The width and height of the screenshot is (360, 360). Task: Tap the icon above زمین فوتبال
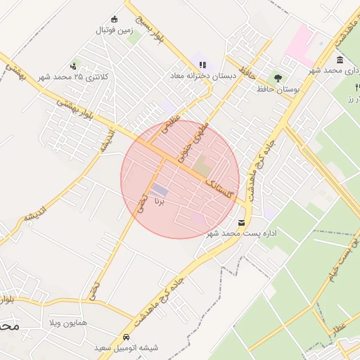pyautogui.click(x=115, y=19)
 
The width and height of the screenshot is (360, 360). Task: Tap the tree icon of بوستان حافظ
pyautogui.click(x=278, y=77)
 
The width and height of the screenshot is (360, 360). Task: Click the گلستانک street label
pyautogui.click(x=219, y=190)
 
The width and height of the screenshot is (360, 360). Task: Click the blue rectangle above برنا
pyautogui.click(x=160, y=190)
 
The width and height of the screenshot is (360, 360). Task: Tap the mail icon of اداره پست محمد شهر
pyautogui.click(x=242, y=222)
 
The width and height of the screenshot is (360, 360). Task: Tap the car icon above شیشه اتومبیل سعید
pyautogui.click(x=126, y=336)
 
